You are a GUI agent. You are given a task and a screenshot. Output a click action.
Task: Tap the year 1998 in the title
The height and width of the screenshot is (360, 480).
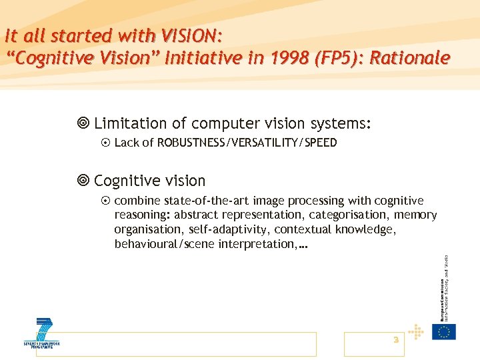(283, 58)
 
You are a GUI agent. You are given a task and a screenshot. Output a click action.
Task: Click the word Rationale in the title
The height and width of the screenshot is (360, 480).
(410, 58)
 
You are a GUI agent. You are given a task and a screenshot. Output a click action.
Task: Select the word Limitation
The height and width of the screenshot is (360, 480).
(131, 123)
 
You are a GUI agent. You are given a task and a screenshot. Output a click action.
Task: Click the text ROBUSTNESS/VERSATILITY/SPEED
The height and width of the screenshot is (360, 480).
(247, 143)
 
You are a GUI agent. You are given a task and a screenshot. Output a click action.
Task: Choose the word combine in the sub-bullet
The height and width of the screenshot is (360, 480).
(137, 201)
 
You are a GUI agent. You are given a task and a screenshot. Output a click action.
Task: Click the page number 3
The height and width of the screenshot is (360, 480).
(395, 340)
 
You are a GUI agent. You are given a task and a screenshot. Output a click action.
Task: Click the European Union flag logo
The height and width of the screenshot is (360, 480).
(444, 331)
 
